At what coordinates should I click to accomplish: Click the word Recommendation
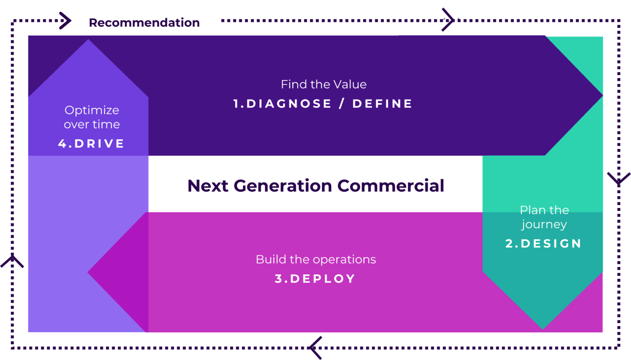[144, 23]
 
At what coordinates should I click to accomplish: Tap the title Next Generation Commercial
[316, 186]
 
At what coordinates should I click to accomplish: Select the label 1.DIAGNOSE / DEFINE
[323, 104]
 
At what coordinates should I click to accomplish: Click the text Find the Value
[324, 85]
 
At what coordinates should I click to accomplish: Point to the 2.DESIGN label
[543, 244]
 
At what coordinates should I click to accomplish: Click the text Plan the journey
[544, 217]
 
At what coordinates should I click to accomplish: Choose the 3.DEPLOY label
[315, 279]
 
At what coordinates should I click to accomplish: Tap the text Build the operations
[316, 260]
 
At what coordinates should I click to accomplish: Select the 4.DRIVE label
[91, 144]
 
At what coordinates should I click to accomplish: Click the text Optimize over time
[92, 117]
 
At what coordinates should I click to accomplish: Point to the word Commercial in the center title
[391, 186]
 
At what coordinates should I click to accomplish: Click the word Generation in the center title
[283, 186]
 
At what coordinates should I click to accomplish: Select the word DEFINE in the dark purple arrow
[382, 104]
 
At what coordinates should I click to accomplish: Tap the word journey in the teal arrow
[544, 225]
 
